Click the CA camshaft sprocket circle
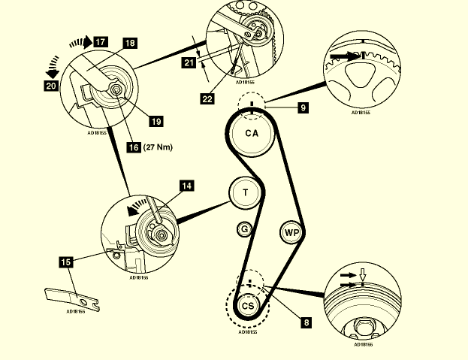(252, 134)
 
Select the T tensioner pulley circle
(245, 192)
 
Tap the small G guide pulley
(243, 228)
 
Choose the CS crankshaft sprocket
(248, 306)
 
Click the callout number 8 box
(306, 322)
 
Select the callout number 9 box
(303, 108)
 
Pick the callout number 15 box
(66, 262)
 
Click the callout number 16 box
(133, 147)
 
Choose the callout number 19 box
(155, 119)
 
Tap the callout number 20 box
(51, 86)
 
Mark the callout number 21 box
(189, 63)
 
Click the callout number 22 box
(208, 98)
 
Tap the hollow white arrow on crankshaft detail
(362, 275)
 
